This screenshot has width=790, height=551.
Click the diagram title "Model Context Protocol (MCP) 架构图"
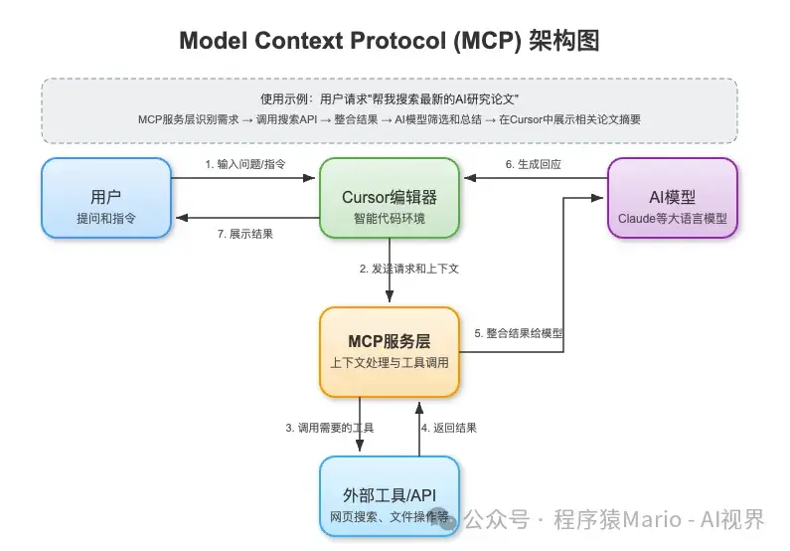(389, 42)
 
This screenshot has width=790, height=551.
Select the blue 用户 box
(106, 198)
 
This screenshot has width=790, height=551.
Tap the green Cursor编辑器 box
(389, 198)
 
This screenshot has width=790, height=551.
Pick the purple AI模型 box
(672, 198)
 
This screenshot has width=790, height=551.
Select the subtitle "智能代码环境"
(389, 218)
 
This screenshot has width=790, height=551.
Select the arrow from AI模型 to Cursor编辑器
(537, 179)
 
